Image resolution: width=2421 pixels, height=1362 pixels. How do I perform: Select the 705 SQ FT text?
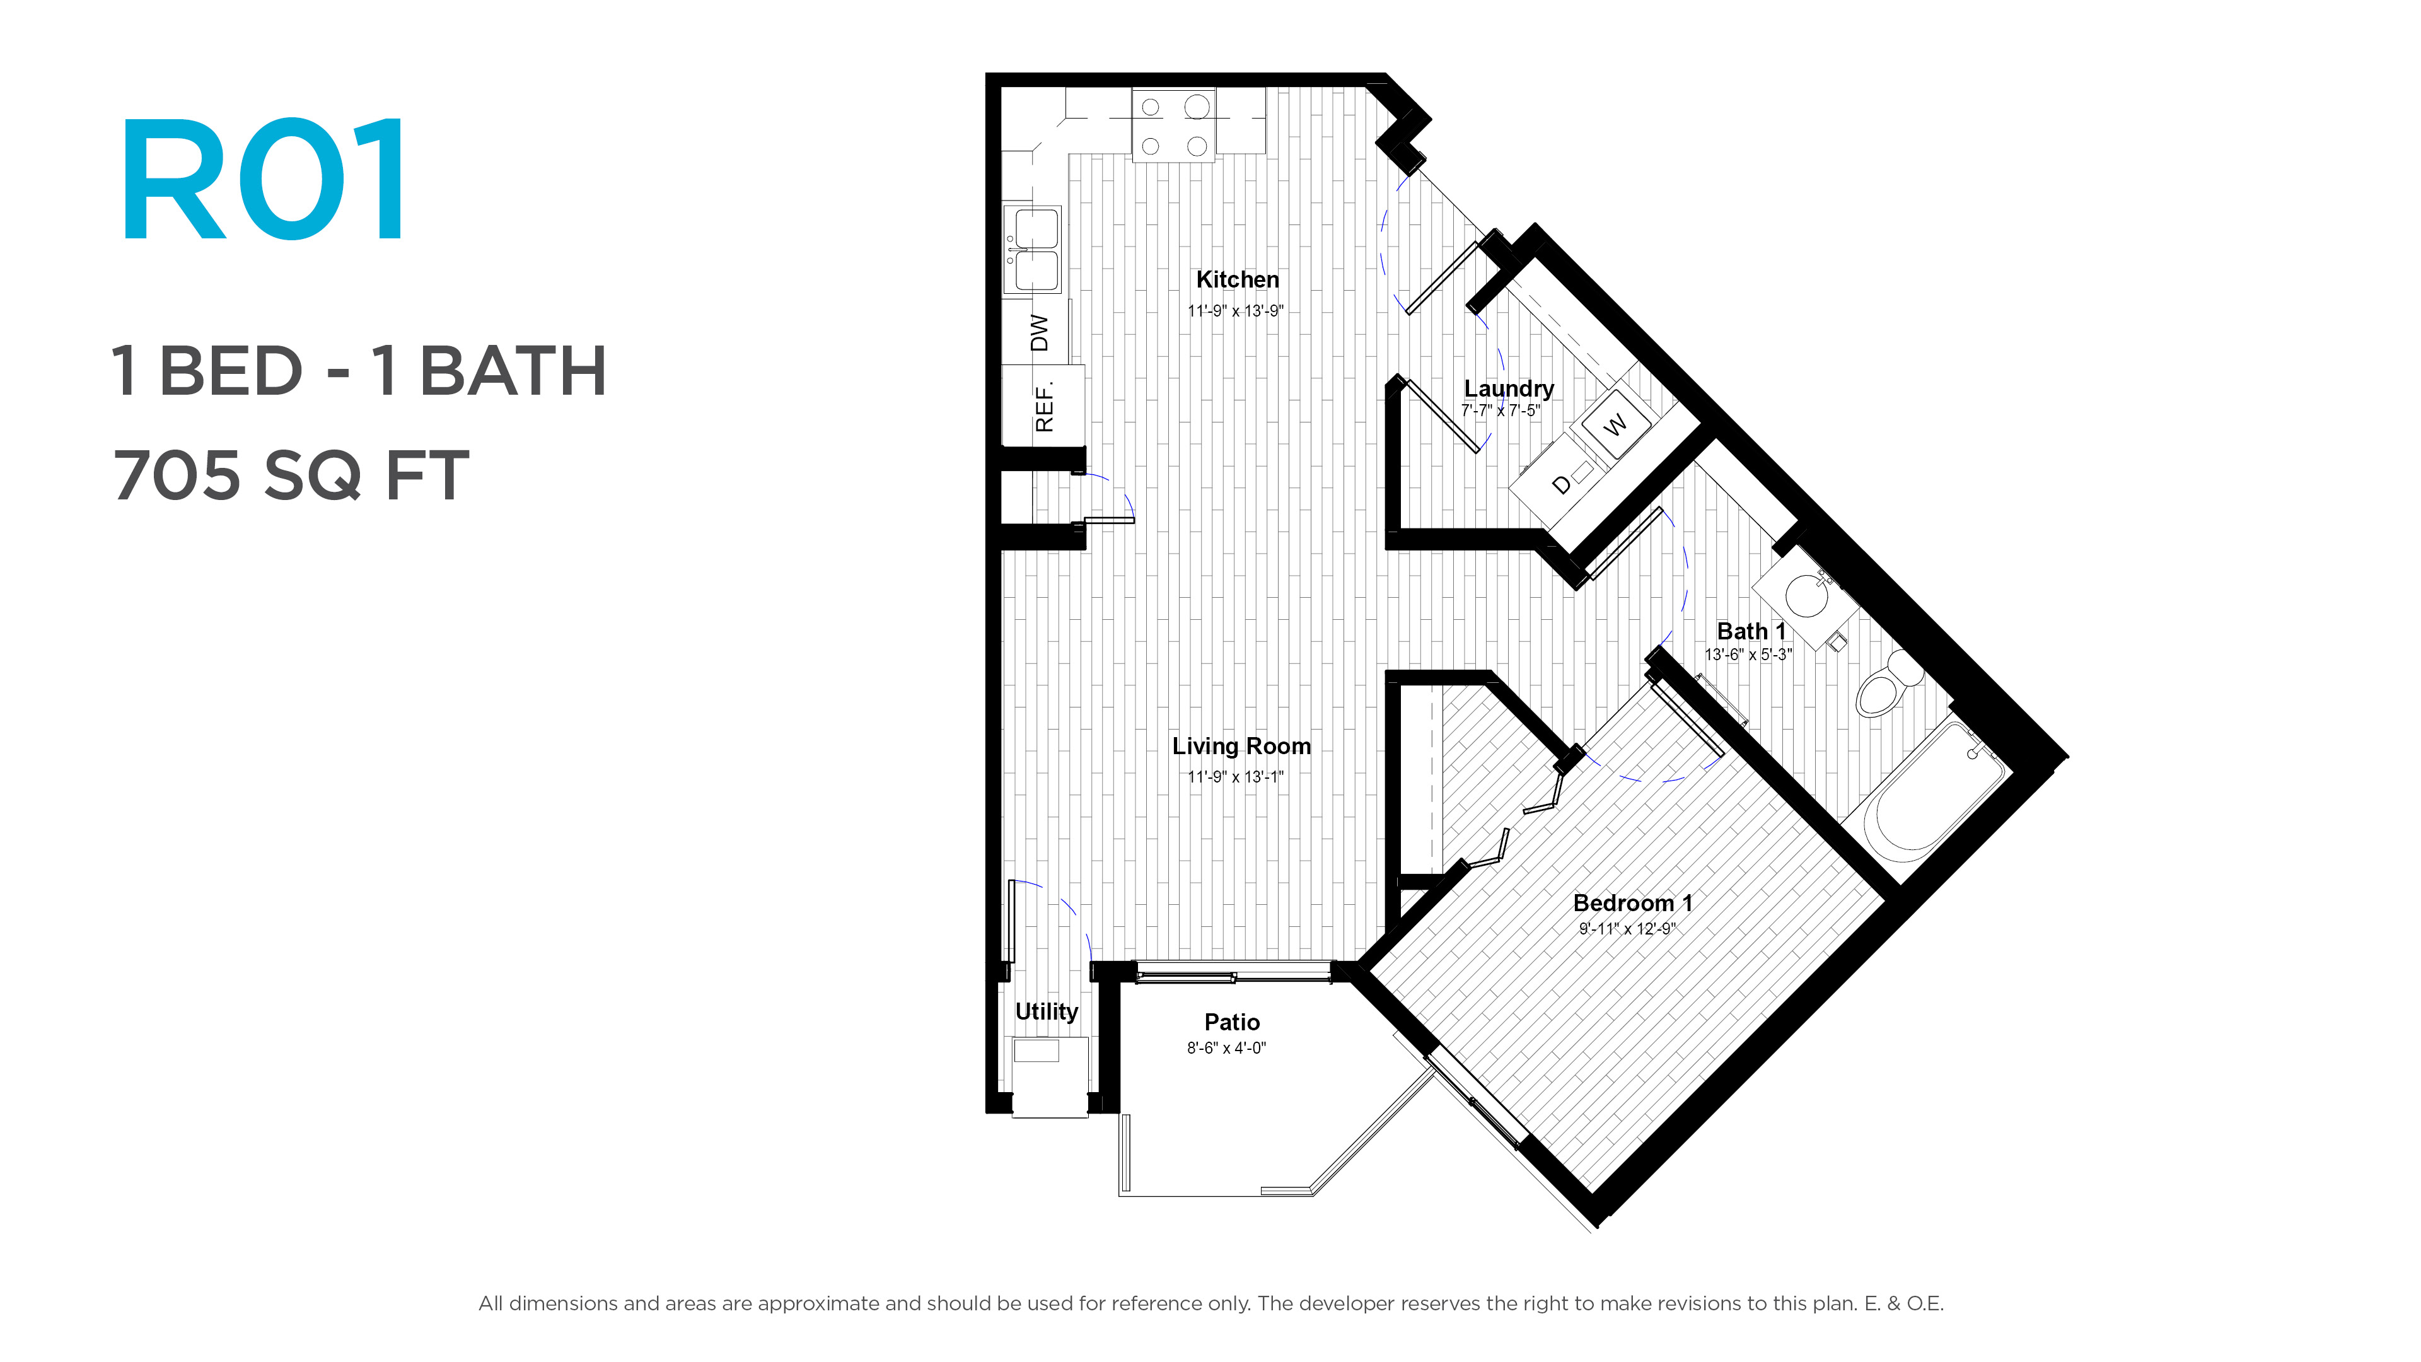point(291,475)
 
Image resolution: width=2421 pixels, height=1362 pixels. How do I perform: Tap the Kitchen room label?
point(1237,280)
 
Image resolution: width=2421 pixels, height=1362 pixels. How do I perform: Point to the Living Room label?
point(1241,747)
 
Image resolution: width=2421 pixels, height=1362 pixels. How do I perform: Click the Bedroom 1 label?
point(1632,904)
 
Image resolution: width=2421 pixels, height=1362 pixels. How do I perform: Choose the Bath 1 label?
point(1750,632)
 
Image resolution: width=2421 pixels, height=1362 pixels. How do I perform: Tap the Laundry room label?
point(1509,389)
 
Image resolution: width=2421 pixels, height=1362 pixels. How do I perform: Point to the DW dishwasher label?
point(1038,333)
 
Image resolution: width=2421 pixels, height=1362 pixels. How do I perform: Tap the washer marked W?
point(1615,424)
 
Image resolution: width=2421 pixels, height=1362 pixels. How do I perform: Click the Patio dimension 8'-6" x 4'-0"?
point(1226,1048)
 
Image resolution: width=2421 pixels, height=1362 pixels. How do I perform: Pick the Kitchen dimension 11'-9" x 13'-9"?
point(1235,311)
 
